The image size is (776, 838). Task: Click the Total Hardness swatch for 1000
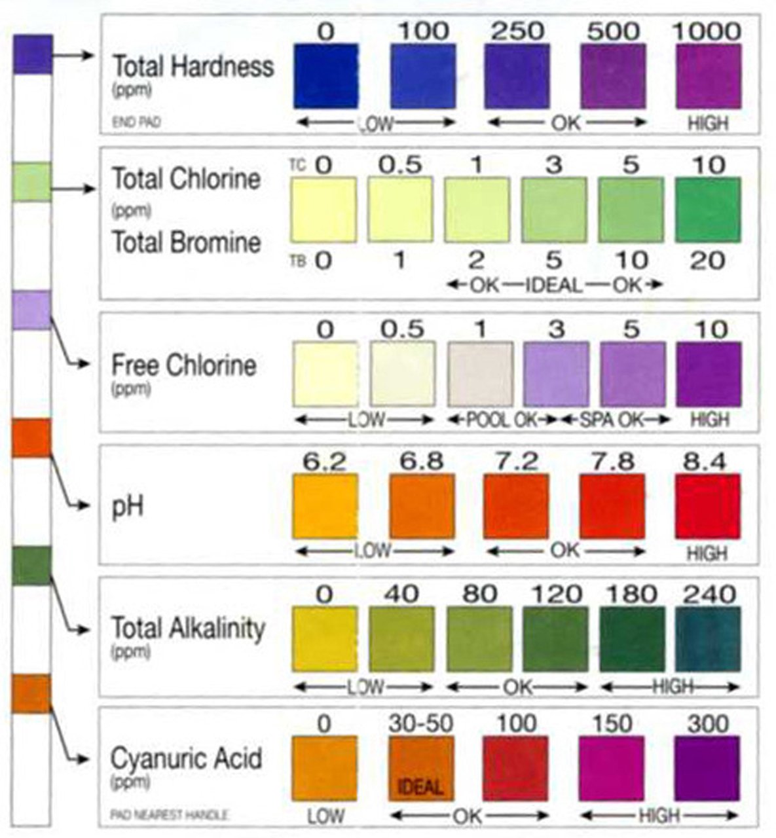[x=708, y=76]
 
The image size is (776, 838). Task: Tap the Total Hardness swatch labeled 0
[x=325, y=76]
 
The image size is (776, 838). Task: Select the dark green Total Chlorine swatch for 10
[x=707, y=210]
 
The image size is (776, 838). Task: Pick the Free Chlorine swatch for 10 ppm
[x=709, y=374]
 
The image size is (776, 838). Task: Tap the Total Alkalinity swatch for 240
[x=707, y=639]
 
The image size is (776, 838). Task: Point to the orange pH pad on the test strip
[x=31, y=438]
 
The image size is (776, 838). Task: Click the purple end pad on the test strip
[x=32, y=54]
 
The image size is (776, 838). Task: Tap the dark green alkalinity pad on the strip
[x=31, y=566]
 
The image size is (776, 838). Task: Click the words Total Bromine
[x=187, y=243]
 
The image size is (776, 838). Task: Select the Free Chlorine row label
[x=183, y=365]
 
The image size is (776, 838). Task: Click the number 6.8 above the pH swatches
[x=421, y=462]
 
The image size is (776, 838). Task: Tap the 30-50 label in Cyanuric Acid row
[x=421, y=723]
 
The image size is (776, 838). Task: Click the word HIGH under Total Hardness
[x=708, y=123]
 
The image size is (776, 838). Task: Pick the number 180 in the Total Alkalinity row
[x=630, y=594]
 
